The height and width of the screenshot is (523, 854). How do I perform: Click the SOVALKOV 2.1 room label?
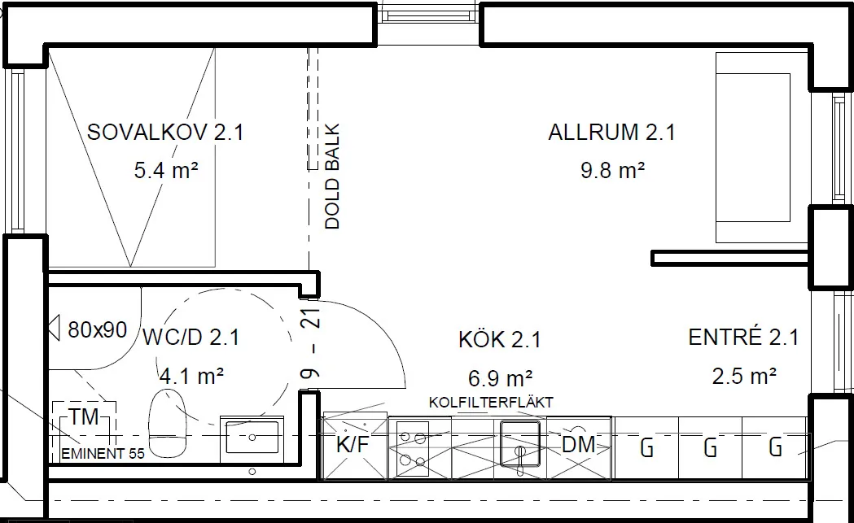pos(165,133)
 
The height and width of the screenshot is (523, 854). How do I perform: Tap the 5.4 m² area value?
pos(165,172)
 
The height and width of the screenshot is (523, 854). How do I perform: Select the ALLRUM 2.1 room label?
pos(611,133)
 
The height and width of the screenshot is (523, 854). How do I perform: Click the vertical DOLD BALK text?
pos(332,177)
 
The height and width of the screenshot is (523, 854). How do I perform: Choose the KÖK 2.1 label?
pos(500,339)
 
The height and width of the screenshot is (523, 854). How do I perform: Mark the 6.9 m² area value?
pos(500,378)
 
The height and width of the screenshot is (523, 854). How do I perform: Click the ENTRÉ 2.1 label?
pos(743,338)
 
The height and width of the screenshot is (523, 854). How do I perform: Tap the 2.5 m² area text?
pos(743,376)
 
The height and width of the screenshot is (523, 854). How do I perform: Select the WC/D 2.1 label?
pos(191,338)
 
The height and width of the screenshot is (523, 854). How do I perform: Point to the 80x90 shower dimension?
pos(98,329)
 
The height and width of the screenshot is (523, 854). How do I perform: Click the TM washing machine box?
pos(84,418)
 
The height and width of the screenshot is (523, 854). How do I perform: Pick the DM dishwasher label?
pos(578,445)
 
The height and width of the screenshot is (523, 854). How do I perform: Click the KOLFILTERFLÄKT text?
pos(491,403)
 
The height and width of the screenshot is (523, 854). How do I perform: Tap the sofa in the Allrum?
pos(753,147)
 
